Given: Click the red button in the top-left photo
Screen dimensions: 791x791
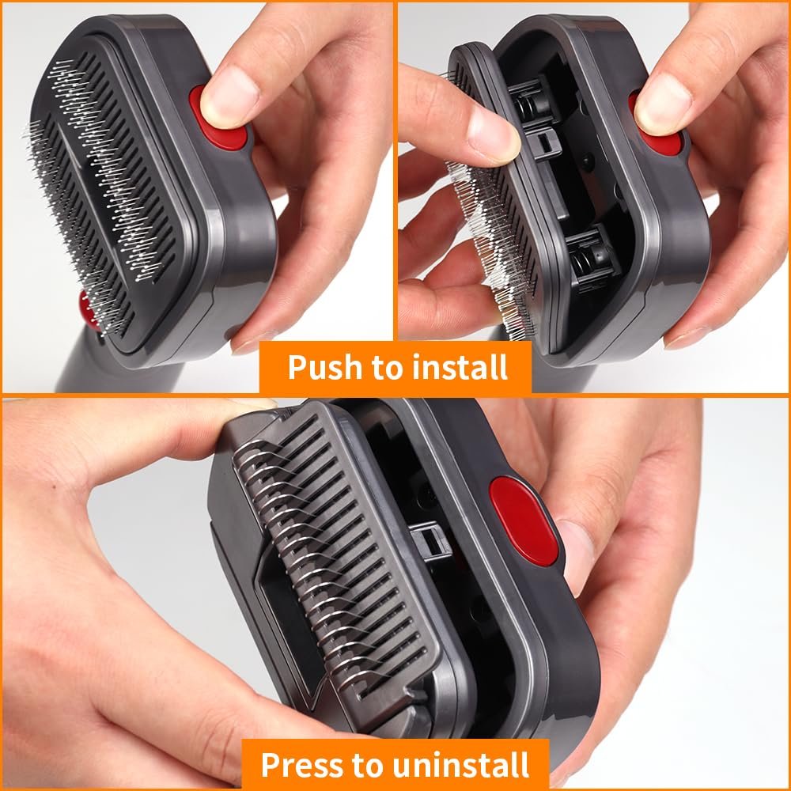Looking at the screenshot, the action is pos(218,119).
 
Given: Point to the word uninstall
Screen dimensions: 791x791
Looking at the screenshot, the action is pos(461,765).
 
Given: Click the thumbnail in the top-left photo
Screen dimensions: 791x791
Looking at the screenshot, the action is pos(229,96).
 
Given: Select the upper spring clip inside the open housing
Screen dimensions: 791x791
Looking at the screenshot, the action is pos(531,101).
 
